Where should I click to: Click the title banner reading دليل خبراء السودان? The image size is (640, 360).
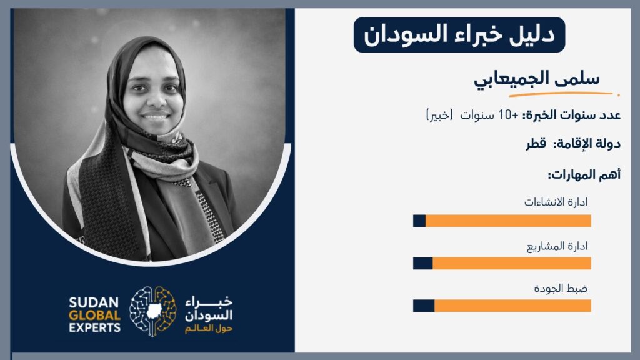tap(459, 35)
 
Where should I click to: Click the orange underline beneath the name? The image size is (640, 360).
tap(561, 94)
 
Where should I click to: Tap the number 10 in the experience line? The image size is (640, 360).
tap(506, 115)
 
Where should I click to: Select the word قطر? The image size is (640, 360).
tap(536, 144)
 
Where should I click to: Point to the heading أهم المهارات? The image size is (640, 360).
tap(584, 175)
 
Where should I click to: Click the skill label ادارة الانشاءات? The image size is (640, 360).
tap(556, 202)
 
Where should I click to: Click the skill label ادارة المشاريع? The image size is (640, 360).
tap(557, 246)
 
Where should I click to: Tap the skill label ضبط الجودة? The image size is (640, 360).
tap(561, 289)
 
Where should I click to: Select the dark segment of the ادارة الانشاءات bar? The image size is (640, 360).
tap(419, 221)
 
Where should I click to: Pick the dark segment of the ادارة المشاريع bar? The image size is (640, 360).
tap(423, 263)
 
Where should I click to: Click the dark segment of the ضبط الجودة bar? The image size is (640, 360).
tap(424, 306)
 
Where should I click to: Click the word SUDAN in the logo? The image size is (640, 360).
tap(94, 303)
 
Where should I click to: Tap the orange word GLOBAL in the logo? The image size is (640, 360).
tap(95, 316)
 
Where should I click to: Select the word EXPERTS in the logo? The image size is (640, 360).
tap(95, 327)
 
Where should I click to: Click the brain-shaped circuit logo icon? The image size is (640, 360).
tap(153, 312)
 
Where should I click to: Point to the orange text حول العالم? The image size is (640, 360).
tap(209, 329)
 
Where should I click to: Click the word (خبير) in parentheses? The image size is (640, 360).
tap(439, 115)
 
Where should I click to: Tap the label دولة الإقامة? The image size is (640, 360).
tap(586, 144)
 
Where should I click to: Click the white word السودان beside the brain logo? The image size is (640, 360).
tap(209, 316)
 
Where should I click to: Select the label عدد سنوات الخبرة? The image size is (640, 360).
tap(571, 115)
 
